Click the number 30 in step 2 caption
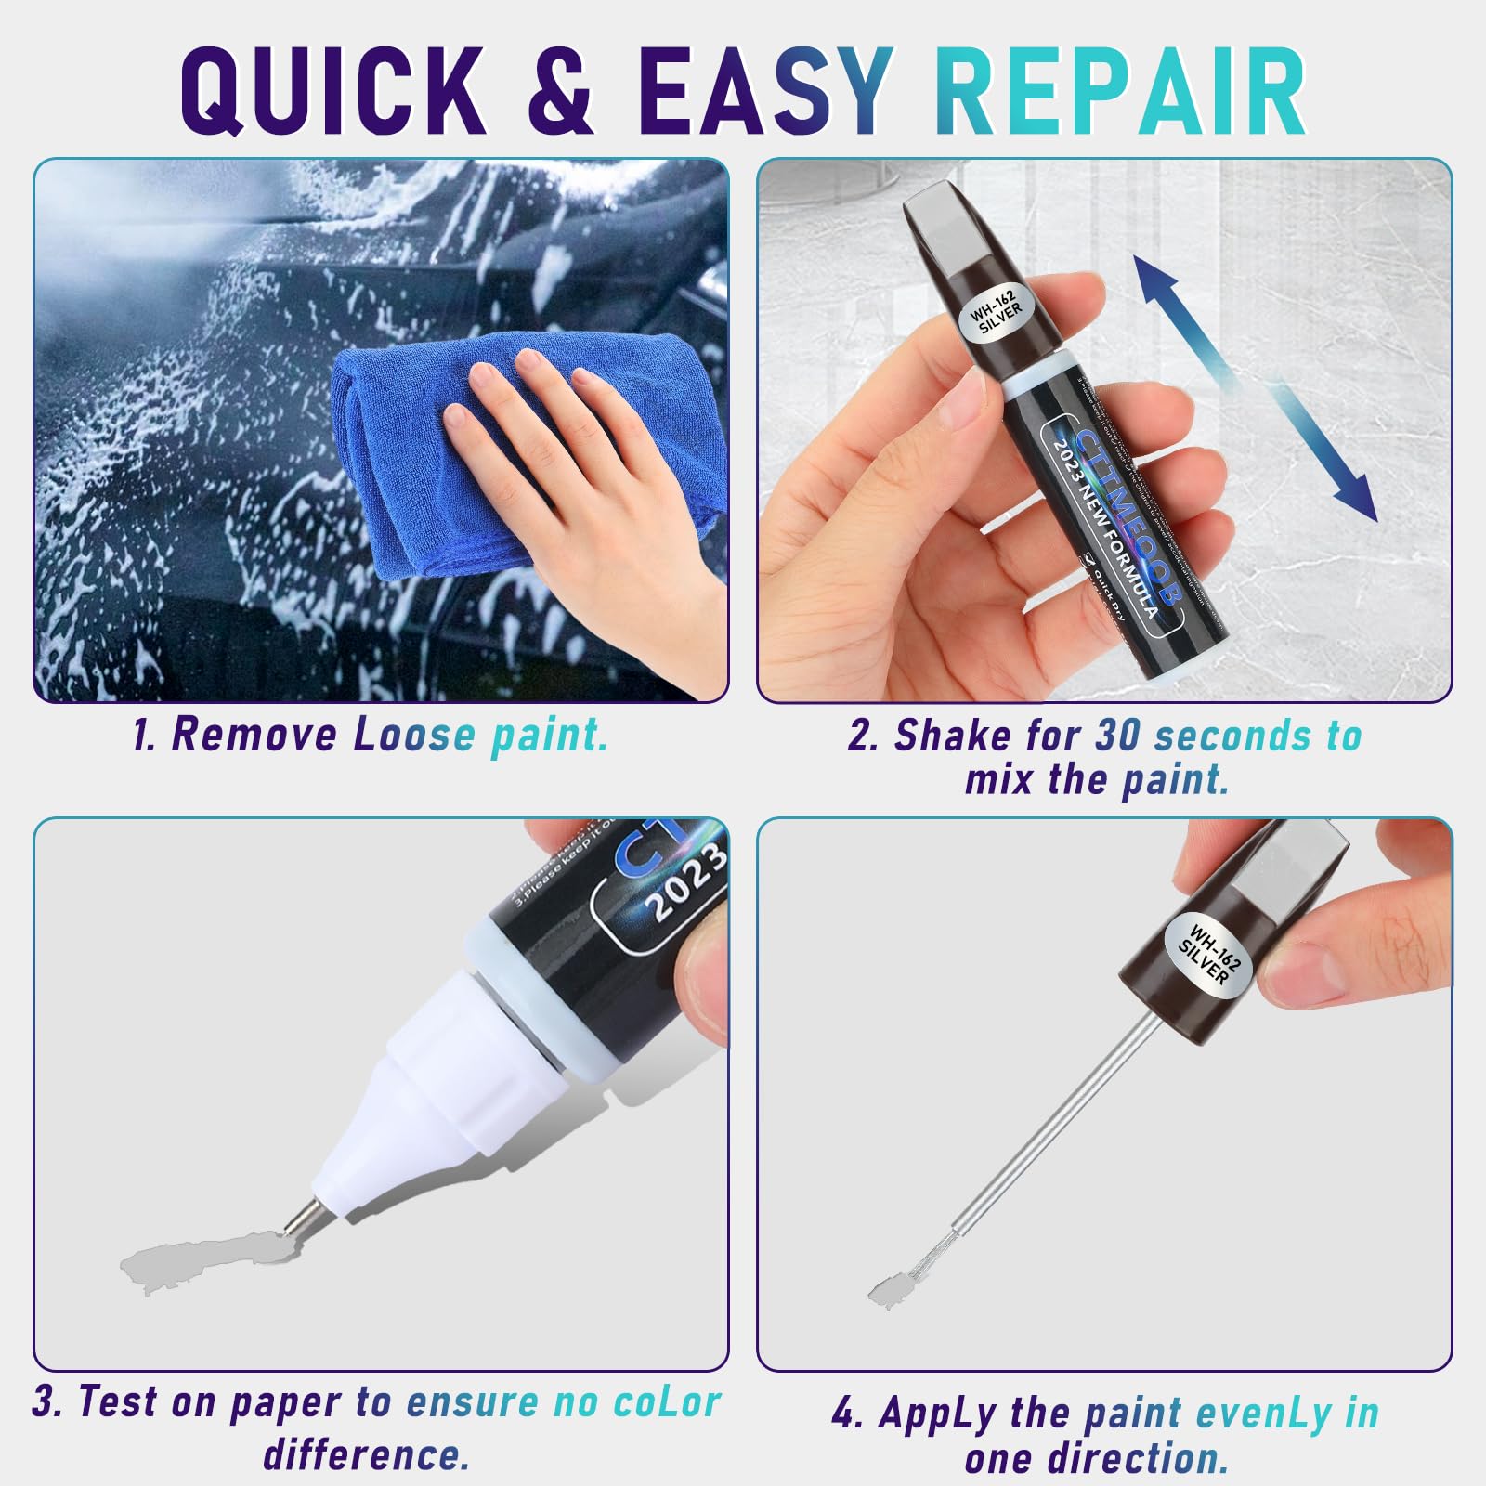coord(1118,736)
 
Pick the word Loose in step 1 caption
coord(413,735)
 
